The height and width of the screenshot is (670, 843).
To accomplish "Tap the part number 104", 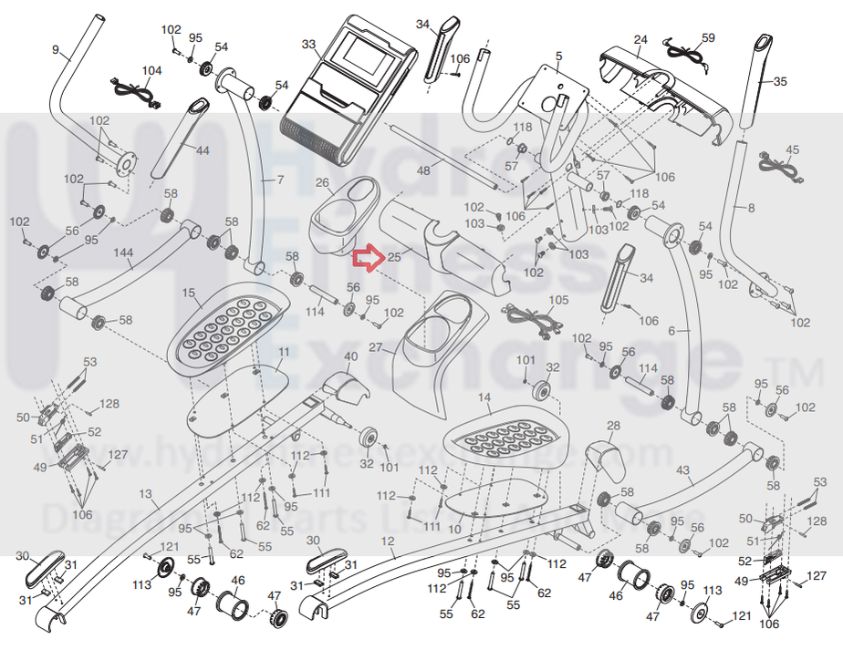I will pos(151,71).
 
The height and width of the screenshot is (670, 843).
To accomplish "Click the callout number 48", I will pos(422,170).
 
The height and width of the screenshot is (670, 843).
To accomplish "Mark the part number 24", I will pos(640,39).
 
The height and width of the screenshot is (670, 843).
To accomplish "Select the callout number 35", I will pos(779,82).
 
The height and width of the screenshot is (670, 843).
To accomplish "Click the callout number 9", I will pos(55,49).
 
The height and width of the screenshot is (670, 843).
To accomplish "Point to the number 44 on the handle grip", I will pos(202,149).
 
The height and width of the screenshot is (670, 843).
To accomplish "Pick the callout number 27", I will pos(375,347).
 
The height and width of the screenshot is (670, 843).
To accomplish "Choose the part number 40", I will pos(350,356).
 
